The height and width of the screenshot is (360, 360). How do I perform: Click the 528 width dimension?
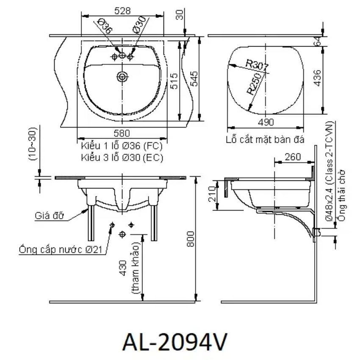click(122, 11)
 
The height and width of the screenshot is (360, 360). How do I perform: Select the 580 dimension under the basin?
click(122, 133)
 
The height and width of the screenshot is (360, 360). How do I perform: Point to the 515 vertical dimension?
click(175, 81)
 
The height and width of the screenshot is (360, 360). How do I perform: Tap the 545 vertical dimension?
click(194, 79)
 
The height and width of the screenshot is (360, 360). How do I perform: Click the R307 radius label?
click(257, 65)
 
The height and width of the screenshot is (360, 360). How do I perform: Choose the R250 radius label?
click(255, 84)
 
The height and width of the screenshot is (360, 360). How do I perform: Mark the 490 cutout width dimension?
click(266, 122)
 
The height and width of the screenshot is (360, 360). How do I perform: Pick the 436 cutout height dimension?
click(318, 78)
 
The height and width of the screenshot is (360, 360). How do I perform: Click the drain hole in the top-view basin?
click(122, 77)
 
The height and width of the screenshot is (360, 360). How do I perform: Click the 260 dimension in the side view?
click(293, 157)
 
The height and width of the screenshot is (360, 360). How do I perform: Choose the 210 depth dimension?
click(212, 194)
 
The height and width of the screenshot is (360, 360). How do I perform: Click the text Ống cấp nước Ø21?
click(61, 249)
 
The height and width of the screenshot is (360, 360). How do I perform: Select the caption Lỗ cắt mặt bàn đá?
click(265, 139)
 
